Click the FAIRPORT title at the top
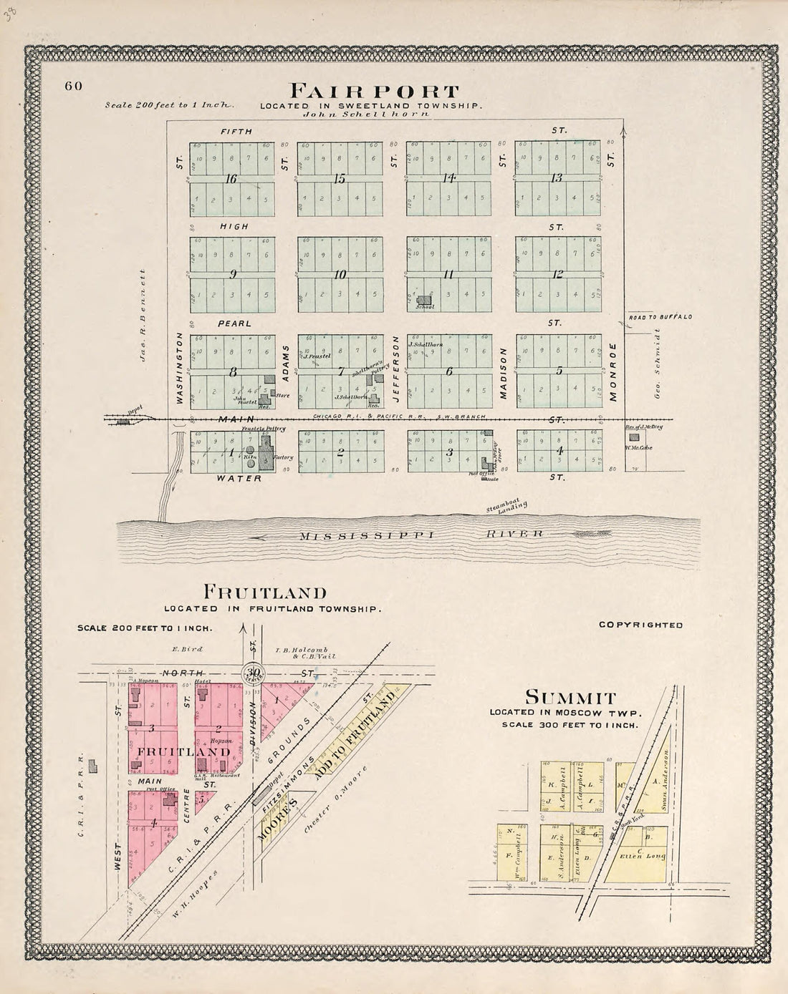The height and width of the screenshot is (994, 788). click(373, 92)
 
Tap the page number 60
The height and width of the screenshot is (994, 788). click(74, 86)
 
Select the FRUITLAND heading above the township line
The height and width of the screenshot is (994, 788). click(265, 592)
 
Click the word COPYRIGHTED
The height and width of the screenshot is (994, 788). click(640, 625)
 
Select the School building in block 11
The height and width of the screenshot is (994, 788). click(426, 302)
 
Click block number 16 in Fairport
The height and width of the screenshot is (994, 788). click(230, 179)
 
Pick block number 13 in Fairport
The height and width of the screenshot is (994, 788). click(556, 178)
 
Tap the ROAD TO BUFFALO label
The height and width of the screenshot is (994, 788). click(660, 316)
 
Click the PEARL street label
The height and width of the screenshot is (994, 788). click(234, 323)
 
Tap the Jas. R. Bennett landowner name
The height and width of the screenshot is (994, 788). click(143, 315)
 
